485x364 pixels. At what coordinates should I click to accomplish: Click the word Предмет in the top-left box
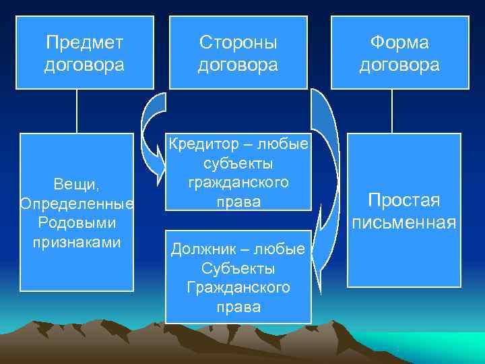85,42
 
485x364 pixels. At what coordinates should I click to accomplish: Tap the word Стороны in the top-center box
238,42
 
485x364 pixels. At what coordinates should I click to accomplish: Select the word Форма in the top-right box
399,42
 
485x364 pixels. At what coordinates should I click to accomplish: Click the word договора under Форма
399,65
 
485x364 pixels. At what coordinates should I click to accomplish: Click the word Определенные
77,204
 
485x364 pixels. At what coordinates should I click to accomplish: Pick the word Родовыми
77,222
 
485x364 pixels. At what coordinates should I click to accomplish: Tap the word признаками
77,241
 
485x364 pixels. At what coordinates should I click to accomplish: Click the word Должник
200,250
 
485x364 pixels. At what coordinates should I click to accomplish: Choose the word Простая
403,200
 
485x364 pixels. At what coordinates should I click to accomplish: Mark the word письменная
403,222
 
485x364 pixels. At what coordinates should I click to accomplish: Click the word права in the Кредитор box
238,201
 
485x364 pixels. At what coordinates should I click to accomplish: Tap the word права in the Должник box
238,307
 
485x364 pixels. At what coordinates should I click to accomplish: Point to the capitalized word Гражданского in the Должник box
238,288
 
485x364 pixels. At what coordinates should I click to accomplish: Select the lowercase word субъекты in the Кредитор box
238,164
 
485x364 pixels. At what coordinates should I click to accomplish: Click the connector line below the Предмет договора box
77,111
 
